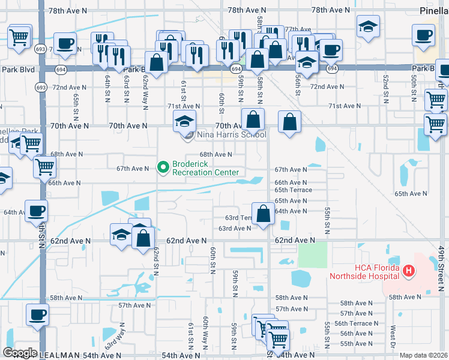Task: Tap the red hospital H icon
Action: pos(409,272)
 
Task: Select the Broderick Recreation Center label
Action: pos(205,168)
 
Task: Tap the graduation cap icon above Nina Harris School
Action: pos(185,122)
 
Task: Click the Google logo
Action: pos(20,353)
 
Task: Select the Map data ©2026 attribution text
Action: pos(423,355)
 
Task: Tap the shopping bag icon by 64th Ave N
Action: pos(263,213)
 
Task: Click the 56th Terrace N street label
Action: pos(359,323)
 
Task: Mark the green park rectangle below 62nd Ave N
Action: pos(313,256)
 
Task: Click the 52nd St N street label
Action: pos(385,88)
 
